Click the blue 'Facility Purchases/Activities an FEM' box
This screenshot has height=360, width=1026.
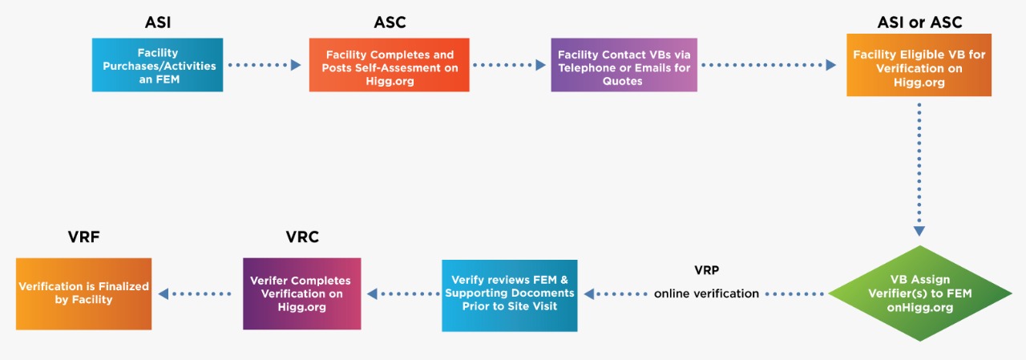pos(157,65)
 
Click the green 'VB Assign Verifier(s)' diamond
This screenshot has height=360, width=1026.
pos(920,293)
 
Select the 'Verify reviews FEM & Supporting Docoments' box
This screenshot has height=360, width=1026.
pos(510,293)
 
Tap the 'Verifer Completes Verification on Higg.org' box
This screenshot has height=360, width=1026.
pos(301,293)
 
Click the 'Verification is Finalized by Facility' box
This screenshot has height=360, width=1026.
pos(84,293)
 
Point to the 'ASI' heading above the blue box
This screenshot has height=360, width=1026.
pos(157,22)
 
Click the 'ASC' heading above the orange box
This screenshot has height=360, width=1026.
pos(390,22)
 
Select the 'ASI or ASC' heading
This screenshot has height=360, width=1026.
pos(919,22)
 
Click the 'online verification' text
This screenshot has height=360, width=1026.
pos(706,293)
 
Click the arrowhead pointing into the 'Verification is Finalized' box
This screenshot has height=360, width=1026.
pos(164,294)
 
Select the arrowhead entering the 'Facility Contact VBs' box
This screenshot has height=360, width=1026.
pos(540,65)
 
